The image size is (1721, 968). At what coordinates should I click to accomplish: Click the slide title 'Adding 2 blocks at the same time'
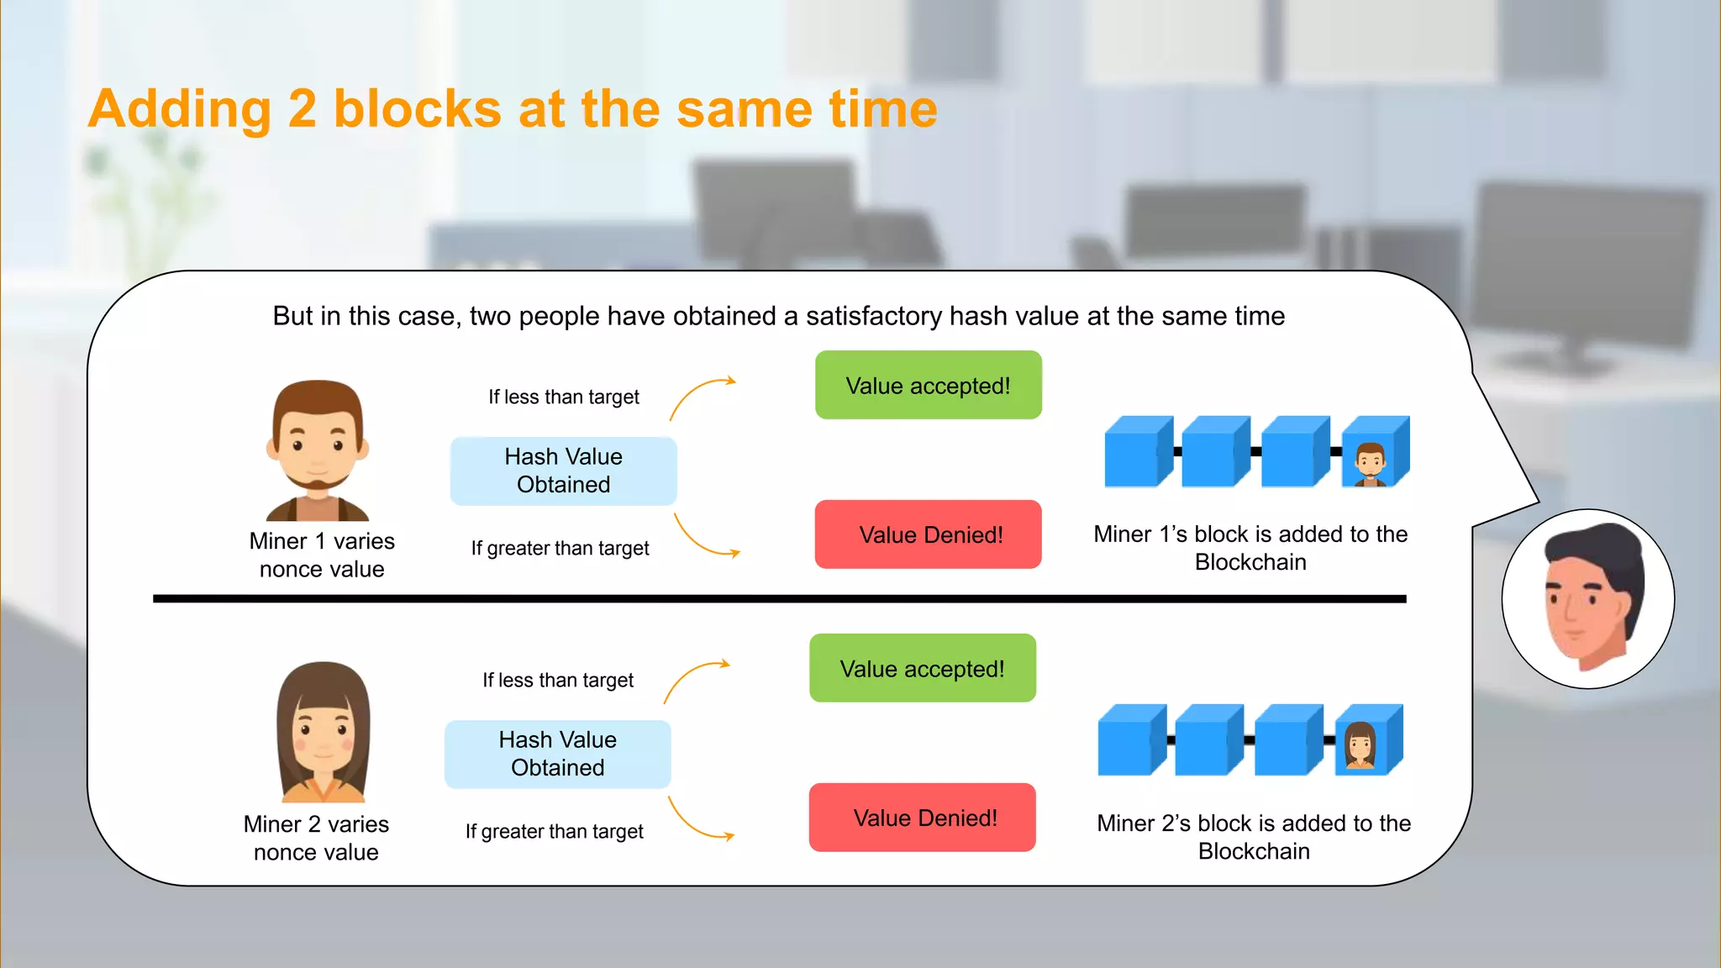tap(513, 109)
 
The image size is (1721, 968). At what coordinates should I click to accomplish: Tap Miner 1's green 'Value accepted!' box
tap(928, 386)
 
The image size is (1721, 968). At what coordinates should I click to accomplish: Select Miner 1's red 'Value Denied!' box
tap(928, 534)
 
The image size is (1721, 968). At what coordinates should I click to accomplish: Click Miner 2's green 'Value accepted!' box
tap(922, 669)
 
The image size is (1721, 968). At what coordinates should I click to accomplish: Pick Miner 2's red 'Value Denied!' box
tap(922, 818)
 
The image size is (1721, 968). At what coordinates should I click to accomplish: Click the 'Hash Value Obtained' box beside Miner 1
tap(563, 471)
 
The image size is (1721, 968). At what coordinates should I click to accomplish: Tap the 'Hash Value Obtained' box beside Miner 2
tap(557, 754)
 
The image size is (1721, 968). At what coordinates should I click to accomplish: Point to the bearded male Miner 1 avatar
tap(318, 450)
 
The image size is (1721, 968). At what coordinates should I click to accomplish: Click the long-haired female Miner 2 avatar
tap(324, 731)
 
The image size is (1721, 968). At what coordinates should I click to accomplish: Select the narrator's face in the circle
tap(1587, 599)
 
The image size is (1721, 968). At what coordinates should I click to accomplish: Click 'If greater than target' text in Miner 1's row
tap(560, 549)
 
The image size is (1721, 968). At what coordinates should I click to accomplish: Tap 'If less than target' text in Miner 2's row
tap(558, 680)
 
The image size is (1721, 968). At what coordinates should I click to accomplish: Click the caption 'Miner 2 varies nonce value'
tap(316, 838)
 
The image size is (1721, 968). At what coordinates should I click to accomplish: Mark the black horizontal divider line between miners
tap(779, 599)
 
